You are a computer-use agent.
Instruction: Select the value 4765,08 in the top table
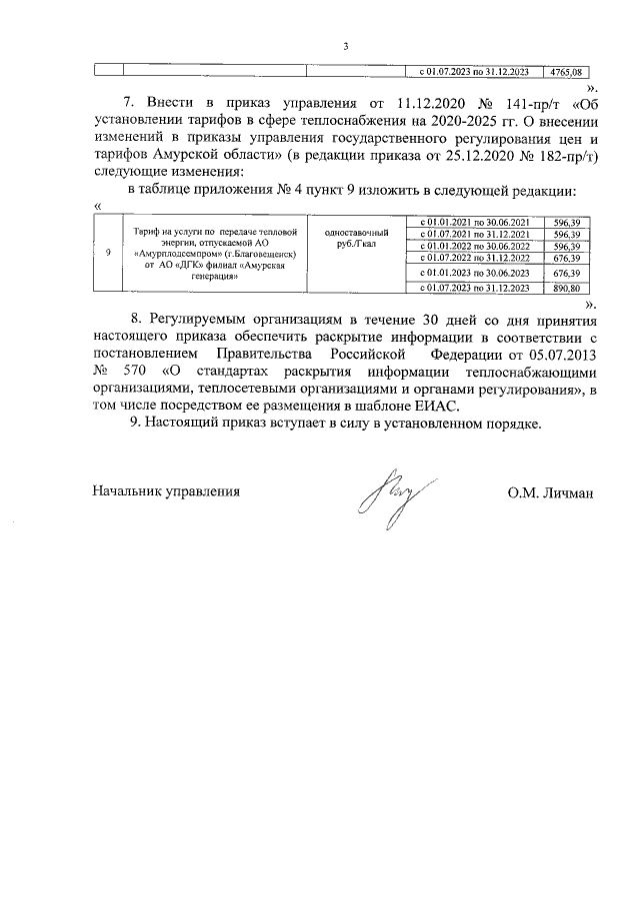[565, 72]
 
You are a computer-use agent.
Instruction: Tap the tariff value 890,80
[565, 289]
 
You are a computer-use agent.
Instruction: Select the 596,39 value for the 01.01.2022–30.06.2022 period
[565, 246]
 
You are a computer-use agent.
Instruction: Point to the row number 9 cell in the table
[107, 253]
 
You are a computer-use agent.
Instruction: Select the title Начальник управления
[167, 491]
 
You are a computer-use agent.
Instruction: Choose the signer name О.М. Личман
[551, 491]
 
